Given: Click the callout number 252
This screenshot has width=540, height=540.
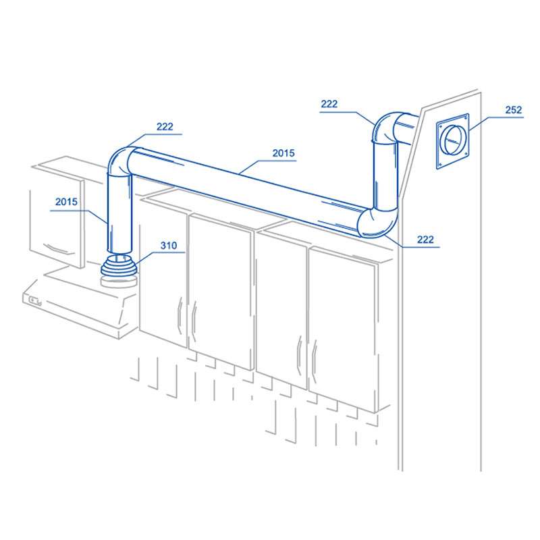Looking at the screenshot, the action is click(514, 110).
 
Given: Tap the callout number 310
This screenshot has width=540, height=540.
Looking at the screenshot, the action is click(169, 246).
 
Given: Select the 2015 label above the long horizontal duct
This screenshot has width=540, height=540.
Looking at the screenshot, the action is click(283, 153).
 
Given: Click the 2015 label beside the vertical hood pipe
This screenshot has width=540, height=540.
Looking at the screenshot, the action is click(66, 202).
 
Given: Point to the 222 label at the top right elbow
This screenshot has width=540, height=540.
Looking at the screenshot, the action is click(329, 104).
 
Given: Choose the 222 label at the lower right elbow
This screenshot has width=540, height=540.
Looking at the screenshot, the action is click(425, 240).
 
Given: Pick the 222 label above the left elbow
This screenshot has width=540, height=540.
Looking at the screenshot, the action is click(165, 127).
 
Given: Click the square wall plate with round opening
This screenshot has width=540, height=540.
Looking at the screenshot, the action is click(453, 141).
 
